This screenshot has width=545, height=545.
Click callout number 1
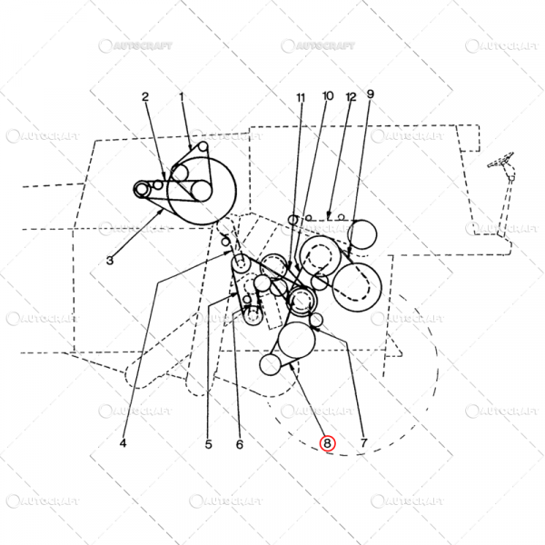point(182,96)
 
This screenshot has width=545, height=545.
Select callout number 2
point(145,96)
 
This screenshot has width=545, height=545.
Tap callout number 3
point(110,260)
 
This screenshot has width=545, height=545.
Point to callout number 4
point(123,443)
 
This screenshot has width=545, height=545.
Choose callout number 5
point(208,444)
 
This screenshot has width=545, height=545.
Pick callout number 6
point(240,444)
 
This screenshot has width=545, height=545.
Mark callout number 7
point(363,443)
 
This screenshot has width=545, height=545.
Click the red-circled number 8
point(327,443)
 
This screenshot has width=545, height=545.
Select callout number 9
point(371,94)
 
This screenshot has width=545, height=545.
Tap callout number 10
point(328,95)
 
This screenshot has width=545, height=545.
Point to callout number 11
point(301,98)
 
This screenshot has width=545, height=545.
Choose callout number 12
point(351,97)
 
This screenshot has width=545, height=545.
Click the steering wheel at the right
point(500,160)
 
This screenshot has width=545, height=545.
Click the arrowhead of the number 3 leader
point(162,212)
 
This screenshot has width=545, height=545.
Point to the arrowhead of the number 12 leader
point(329,217)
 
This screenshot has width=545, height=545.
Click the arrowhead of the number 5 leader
point(234,294)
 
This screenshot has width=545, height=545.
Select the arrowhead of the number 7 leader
point(312,327)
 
